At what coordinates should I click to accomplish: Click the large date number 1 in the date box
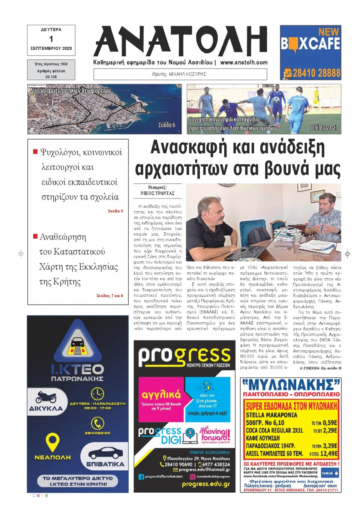pos(51,39)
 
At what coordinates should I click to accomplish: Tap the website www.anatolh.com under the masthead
pos(244,63)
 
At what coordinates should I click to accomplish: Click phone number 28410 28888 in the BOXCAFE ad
pos(316,73)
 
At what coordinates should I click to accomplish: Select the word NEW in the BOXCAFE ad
pos(328,32)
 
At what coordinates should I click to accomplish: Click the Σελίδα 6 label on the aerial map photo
pos(166,125)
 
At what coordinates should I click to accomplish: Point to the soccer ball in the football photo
pos(276,99)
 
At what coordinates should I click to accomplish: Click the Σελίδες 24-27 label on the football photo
pos(324,128)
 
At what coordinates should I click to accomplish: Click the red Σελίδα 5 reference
pos(115,211)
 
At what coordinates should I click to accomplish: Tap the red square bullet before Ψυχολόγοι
pos(35,152)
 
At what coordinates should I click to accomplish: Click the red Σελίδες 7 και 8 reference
pos(109,296)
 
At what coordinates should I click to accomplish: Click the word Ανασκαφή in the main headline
pos(189,147)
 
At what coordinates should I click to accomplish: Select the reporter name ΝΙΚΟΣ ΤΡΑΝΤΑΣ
pos(157,193)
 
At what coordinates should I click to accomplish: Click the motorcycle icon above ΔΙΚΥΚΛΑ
pos(46,396)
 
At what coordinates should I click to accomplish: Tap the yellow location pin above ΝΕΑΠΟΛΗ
pos(52,442)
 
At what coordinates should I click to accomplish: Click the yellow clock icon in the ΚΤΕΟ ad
pos(97,393)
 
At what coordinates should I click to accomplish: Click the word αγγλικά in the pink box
pos(161,395)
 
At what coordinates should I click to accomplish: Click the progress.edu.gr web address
pos(206,484)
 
